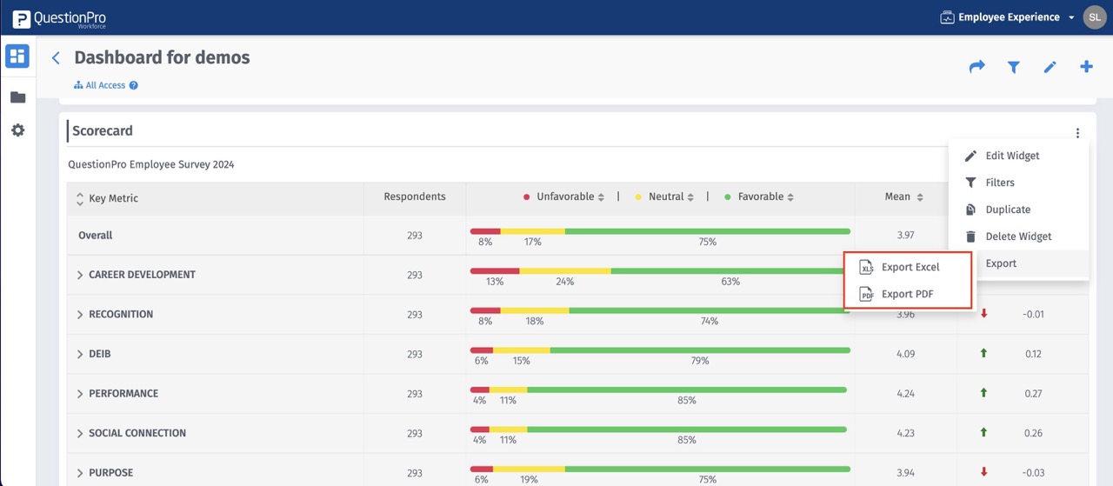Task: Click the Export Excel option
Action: (910, 267)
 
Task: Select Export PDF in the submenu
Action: (907, 294)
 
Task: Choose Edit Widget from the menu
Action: (1012, 156)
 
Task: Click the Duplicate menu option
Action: (1008, 210)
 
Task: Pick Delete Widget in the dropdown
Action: (1018, 236)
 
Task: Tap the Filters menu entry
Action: (1000, 183)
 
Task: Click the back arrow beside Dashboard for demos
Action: (56, 58)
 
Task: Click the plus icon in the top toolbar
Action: (1086, 66)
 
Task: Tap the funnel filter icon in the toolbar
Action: (1013, 67)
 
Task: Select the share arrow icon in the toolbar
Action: (976, 66)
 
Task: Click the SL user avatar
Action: (1094, 17)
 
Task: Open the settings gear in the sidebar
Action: (17, 130)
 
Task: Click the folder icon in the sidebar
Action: (17, 97)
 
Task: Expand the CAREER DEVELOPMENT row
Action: (80, 275)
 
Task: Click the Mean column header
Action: (897, 196)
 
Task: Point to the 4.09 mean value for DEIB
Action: (905, 354)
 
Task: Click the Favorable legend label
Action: (760, 196)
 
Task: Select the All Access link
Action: (105, 85)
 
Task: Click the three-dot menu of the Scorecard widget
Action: (1077, 133)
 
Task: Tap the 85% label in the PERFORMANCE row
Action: (686, 401)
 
